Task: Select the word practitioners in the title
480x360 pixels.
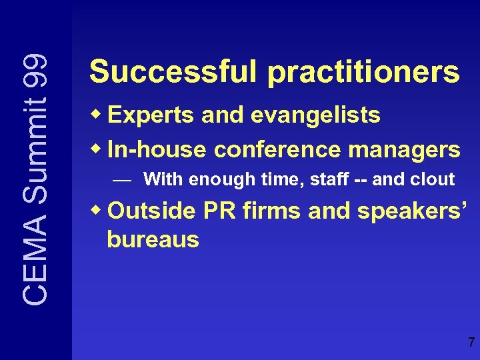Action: point(364,72)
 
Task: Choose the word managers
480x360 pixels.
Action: point(412,149)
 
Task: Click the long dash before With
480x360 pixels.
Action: point(121,179)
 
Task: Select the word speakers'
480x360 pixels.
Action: point(414,211)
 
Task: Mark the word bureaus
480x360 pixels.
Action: point(153,239)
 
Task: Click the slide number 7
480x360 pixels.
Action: point(471,343)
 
